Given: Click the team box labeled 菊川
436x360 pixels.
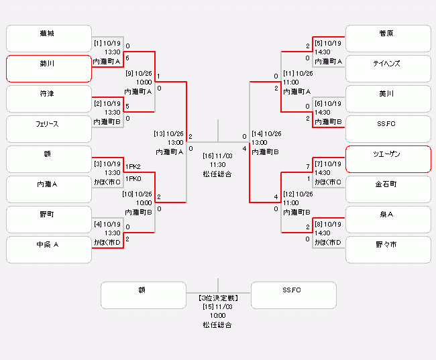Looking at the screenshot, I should [48, 68].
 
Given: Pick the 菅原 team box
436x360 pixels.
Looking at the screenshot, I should [388, 38].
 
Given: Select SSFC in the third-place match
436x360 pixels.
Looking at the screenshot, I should [293, 295].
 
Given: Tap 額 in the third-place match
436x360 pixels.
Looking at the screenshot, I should [143, 295].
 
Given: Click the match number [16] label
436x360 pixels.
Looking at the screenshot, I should [208, 156].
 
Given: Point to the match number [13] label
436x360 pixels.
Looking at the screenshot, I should [159, 133].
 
